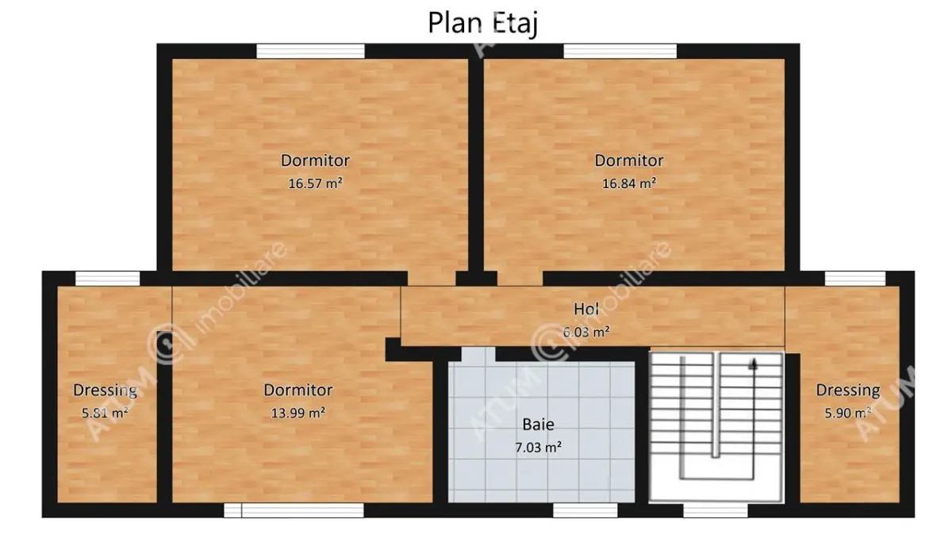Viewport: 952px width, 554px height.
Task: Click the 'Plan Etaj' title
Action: coord(483,23)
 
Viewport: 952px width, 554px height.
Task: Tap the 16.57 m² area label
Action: coord(316,183)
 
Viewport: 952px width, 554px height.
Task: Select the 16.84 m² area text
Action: coord(629,183)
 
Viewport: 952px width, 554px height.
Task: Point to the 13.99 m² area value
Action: coord(298,413)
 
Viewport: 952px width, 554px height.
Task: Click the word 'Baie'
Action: coord(538,425)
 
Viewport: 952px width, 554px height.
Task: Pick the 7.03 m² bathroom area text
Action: coord(539,448)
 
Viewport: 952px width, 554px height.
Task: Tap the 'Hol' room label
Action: coord(586,309)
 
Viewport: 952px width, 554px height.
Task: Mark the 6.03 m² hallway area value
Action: coord(586,332)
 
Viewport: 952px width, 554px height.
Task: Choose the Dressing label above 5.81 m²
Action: coord(105,390)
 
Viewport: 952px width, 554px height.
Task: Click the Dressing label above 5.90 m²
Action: coord(848,390)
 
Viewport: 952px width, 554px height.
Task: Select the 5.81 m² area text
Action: coord(105,413)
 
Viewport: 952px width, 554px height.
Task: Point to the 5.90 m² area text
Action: coord(848,413)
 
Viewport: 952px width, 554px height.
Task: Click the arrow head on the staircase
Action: coord(754,364)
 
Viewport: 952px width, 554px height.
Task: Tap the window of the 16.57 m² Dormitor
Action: coord(310,51)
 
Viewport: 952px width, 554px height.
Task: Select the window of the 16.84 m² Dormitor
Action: coord(620,51)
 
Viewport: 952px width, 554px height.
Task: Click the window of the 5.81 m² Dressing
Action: coord(108,279)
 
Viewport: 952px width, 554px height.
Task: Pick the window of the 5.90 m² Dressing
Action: coord(855,279)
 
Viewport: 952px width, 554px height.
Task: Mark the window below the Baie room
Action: coord(585,510)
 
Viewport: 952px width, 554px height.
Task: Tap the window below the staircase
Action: coord(716,510)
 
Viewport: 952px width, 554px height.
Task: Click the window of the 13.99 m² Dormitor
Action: coord(294,510)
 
